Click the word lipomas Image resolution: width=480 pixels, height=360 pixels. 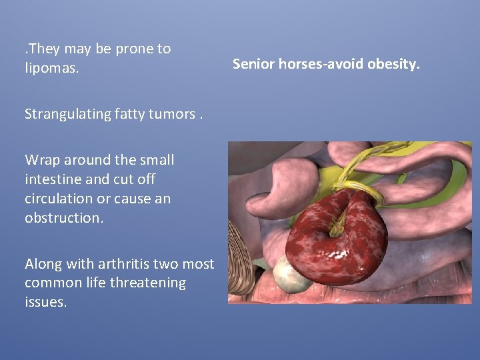51,68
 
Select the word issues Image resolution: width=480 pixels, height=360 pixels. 45,302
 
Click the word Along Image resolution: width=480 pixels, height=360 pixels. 45,264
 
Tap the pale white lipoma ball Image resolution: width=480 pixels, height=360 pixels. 292,275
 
